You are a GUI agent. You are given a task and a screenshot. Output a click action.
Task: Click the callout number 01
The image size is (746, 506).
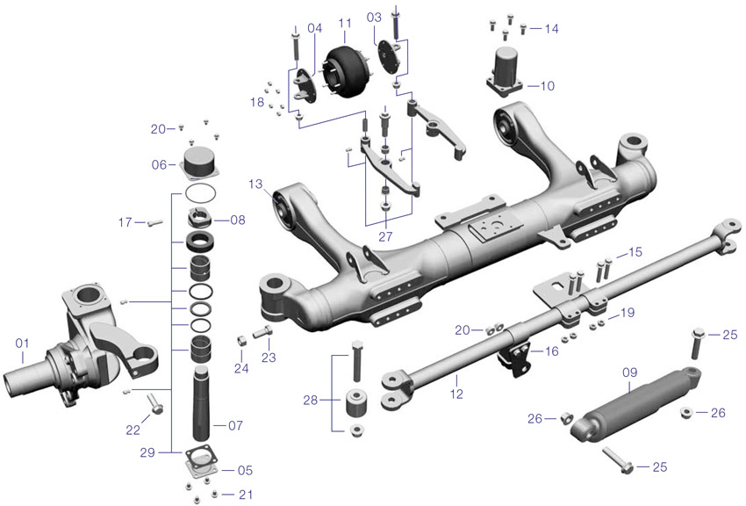[x=22, y=342]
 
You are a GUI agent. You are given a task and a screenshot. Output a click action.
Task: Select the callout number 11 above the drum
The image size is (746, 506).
[x=344, y=21]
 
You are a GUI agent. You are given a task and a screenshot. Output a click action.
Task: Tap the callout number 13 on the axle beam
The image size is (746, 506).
[x=255, y=184]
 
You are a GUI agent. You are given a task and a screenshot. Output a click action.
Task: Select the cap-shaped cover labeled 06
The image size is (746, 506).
[x=202, y=165]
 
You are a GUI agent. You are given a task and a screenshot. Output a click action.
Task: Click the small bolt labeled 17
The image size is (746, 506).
[x=155, y=223]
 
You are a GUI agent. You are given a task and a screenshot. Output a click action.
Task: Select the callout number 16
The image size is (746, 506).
[x=551, y=351]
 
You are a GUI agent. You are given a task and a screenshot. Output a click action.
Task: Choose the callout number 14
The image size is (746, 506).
[x=551, y=29]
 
